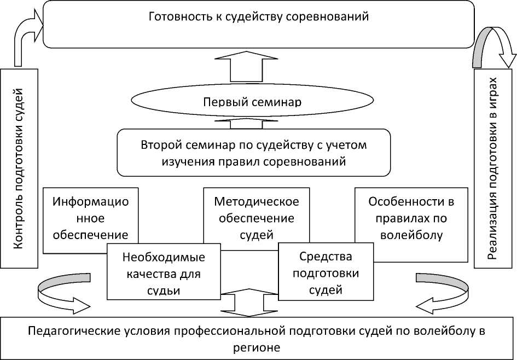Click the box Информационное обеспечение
click(90, 218)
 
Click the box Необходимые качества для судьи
click(164, 273)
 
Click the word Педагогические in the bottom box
click(66, 332)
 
